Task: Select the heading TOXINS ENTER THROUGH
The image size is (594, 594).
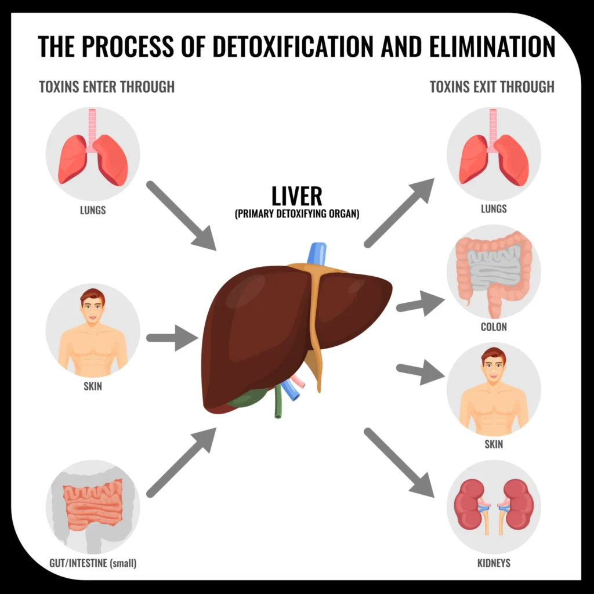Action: point(107,87)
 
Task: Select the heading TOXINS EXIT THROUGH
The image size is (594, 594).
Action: point(492,87)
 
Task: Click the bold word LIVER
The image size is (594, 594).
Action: point(296,196)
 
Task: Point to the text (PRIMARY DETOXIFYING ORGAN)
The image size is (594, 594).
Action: point(297,213)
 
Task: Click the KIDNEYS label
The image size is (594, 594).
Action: point(493,563)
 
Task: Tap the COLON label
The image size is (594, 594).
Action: point(494,327)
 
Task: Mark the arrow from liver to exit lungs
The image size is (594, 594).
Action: point(400,213)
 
